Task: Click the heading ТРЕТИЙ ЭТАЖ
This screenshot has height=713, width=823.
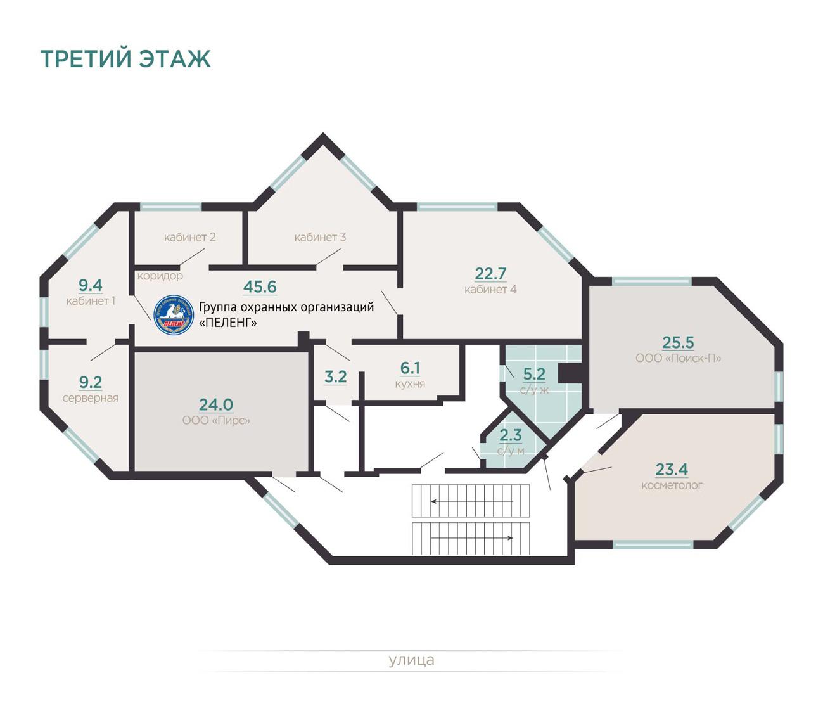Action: pyautogui.click(x=125, y=58)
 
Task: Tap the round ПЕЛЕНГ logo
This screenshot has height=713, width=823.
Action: pyautogui.click(x=173, y=315)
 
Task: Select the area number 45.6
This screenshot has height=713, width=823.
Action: pyautogui.click(x=260, y=287)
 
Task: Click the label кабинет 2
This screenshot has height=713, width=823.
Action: pyautogui.click(x=189, y=238)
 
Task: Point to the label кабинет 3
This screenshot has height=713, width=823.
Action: pyautogui.click(x=320, y=238)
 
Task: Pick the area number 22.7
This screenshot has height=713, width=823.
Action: pyautogui.click(x=490, y=274)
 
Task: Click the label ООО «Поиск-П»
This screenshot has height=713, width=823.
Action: pyautogui.click(x=678, y=359)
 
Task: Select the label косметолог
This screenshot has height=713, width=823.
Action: pyautogui.click(x=672, y=486)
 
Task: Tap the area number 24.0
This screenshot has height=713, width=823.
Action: pyautogui.click(x=216, y=404)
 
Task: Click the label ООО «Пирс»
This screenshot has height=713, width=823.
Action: pyautogui.click(x=216, y=421)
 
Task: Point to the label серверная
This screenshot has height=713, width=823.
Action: pyautogui.click(x=91, y=399)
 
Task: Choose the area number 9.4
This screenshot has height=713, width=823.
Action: pyautogui.click(x=91, y=286)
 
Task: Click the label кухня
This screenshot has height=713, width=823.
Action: pyautogui.click(x=410, y=384)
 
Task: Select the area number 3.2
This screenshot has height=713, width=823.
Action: pyautogui.click(x=335, y=377)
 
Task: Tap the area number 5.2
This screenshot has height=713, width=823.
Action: pyautogui.click(x=534, y=375)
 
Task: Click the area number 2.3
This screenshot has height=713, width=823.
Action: pyautogui.click(x=511, y=435)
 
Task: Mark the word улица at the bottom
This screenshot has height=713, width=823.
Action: pyautogui.click(x=411, y=660)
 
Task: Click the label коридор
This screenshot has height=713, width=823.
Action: pyautogui.click(x=160, y=276)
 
